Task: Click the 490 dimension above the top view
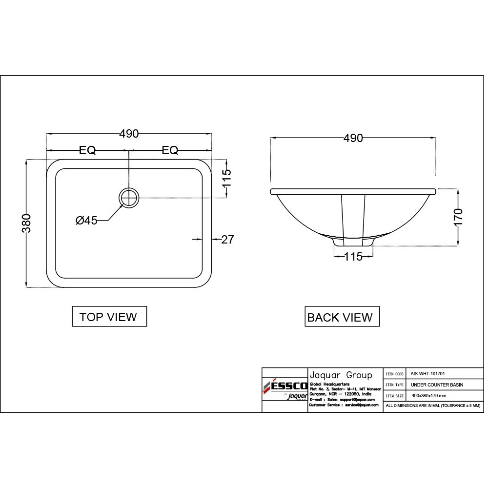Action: [129, 134]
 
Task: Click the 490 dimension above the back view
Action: [353, 138]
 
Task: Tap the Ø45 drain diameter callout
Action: [86, 221]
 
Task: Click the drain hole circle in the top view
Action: [129, 198]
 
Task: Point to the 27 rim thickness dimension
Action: [227, 239]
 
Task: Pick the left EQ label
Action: [88, 150]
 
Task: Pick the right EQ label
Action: [170, 150]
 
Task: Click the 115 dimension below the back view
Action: [353, 256]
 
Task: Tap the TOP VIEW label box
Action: [109, 317]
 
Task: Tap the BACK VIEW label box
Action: [340, 318]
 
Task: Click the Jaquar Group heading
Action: [341, 375]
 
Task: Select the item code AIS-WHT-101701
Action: [428, 373]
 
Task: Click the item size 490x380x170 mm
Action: [429, 396]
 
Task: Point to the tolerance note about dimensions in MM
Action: [433, 406]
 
